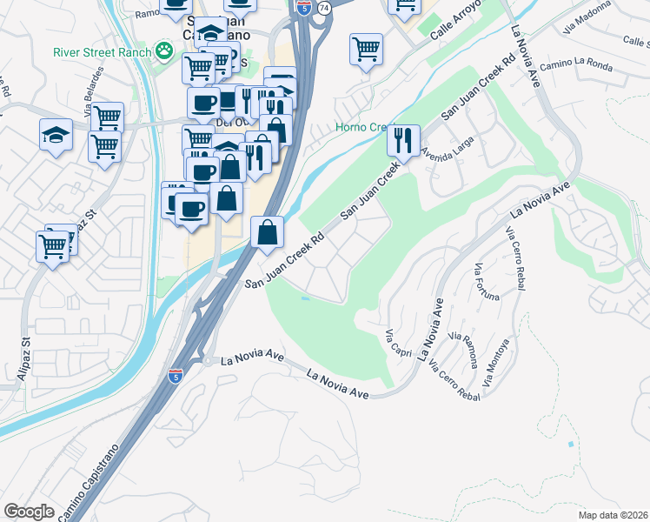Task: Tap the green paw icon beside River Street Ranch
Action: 163,52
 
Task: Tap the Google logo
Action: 29,512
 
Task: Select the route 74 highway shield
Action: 324,7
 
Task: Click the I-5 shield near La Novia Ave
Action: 175,376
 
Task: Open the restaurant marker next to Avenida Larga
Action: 403,138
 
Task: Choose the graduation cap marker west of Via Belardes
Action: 56,134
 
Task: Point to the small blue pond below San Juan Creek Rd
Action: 303,298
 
